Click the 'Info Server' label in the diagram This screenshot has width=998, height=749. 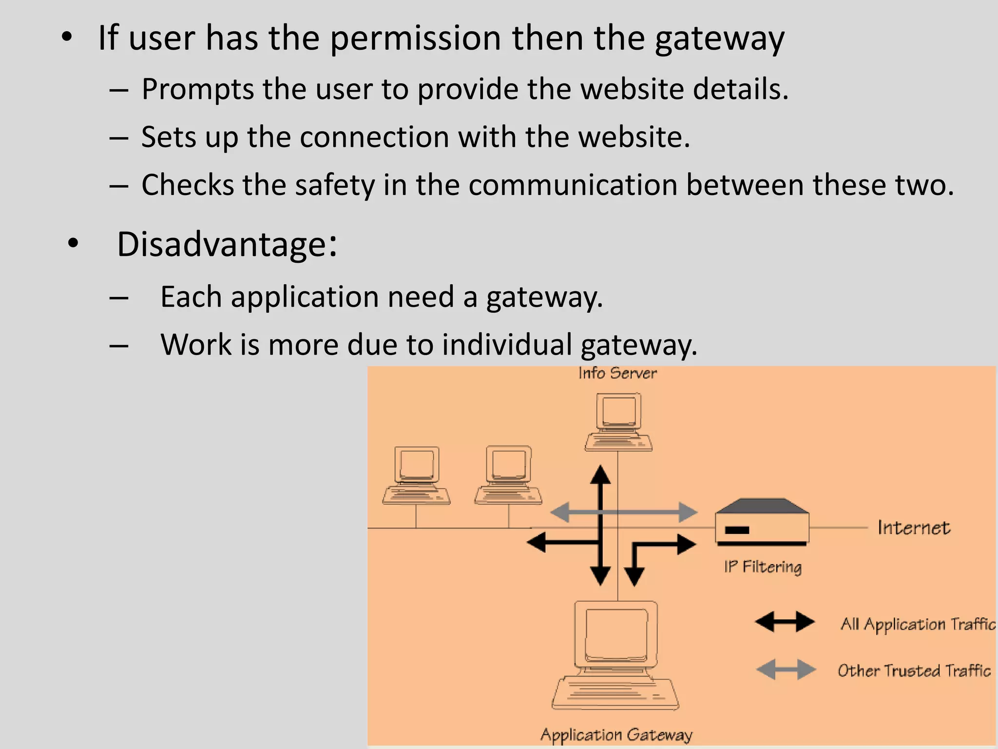[x=617, y=374]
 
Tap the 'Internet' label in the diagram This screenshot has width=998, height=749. [x=914, y=528]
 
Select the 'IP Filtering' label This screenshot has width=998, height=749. [x=763, y=567]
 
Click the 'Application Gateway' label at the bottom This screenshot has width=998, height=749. [x=616, y=734]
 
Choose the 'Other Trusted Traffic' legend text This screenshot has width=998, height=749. [x=914, y=671]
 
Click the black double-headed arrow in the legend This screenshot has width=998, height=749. [x=785, y=622]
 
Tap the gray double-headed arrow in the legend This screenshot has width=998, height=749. [x=786, y=669]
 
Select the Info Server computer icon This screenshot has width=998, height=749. [x=618, y=422]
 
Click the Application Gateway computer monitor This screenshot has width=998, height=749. [x=616, y=634]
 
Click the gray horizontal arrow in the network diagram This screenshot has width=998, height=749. [x=624, y=512]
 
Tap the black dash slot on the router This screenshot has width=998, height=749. [x=737, y=530]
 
